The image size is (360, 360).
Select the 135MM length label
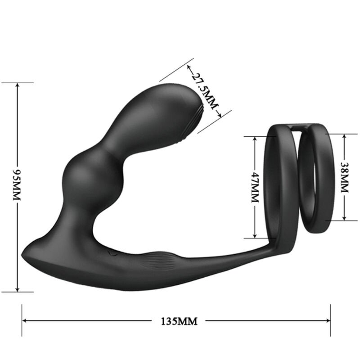pyautogui.click(x=179, y=321)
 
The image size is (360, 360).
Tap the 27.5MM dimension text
pyautogui.click(x=203, y=90)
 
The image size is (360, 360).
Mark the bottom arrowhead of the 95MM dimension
pyautogui.click(x=17, y=289)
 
